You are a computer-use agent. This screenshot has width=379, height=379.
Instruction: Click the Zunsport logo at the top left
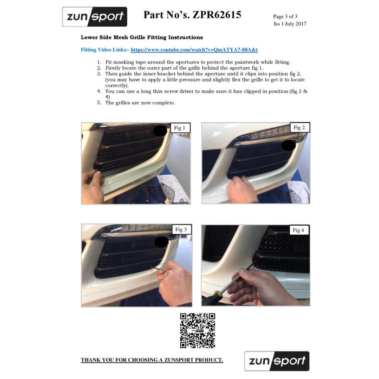94,17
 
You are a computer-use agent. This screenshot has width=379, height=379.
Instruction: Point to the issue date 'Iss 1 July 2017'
290,24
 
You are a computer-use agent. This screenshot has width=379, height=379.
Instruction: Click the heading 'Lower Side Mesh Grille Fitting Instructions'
142,37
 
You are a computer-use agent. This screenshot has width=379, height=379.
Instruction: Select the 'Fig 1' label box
179,128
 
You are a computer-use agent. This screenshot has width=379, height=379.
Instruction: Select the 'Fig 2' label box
299,128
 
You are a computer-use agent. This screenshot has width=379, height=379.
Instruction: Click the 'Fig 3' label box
180,230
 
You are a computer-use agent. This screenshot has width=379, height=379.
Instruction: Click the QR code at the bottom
198,330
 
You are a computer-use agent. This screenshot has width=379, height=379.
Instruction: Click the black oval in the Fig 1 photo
160,131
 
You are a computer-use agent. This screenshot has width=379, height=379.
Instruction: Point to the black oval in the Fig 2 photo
289,145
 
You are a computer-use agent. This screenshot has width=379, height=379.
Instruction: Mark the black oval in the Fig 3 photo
161,241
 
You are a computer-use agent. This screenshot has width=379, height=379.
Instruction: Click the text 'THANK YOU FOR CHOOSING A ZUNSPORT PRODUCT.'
152,360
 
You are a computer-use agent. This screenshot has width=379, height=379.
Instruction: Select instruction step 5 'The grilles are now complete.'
140,103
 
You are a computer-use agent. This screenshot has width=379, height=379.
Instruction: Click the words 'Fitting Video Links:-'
105,49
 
